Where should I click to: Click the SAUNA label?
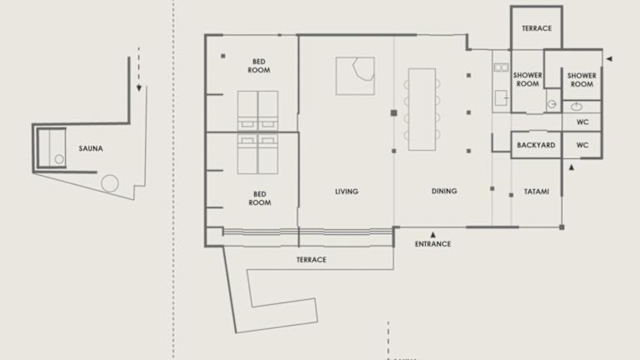[91, 148]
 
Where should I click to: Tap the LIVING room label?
[347, 192]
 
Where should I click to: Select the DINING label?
[444, 191]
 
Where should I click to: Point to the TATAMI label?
[537, 192]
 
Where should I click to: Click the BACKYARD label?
[536, 145]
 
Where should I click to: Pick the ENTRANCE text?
[432, 244]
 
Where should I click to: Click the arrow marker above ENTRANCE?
[432, 235]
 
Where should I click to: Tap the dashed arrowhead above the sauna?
[139, 87]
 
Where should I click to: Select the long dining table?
[422, 109]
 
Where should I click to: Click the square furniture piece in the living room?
[355, 76]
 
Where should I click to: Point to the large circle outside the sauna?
[110, 183]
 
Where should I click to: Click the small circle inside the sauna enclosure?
[59, 159]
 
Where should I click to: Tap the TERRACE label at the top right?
[537, 28]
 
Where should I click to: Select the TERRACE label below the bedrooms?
[311, 260]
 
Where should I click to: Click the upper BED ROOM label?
[259, 66]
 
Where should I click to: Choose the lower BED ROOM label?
[260, 198]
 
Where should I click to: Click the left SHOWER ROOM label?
[527, 80]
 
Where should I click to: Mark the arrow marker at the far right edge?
[609, 59]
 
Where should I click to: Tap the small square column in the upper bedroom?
[222, 56]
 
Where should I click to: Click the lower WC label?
[582, 145]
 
